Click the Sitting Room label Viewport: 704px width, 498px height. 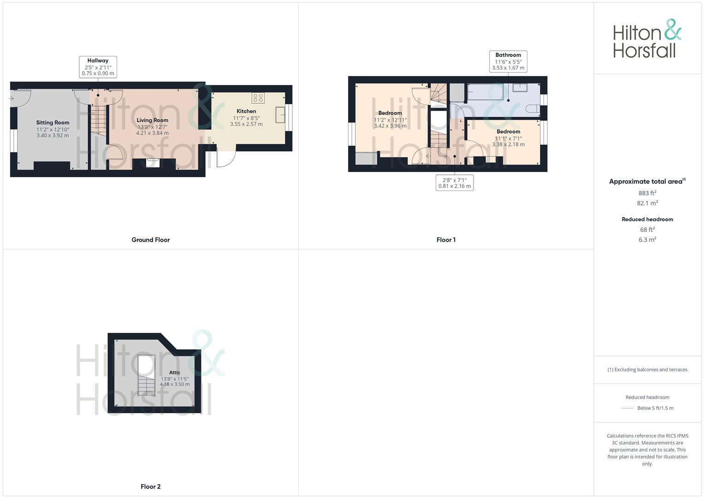point(53,123)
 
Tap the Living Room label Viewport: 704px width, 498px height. point(152,120)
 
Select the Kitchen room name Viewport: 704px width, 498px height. point(246,111)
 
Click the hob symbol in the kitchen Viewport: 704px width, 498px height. point(258,98)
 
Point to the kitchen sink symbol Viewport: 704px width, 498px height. point(280,115)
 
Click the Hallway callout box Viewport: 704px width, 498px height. point(98,67)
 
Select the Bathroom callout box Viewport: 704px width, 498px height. point(508,61)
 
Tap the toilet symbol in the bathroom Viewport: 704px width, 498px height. point(532,109)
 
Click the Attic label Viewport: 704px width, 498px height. point(175,373)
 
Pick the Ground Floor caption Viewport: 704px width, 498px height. point(151,240)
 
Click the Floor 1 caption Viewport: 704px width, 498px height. point(446,240)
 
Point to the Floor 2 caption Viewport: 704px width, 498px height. point(151,486)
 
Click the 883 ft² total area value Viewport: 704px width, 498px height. point(647,193)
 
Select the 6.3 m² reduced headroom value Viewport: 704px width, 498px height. point(647,240)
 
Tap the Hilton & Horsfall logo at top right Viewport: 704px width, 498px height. point(647,39)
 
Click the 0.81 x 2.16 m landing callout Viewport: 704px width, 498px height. point(455,183)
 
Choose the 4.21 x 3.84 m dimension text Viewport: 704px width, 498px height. point(152,133)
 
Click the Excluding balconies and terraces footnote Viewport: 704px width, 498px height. point(647,370)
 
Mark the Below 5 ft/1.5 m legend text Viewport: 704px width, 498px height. point(655,408)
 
